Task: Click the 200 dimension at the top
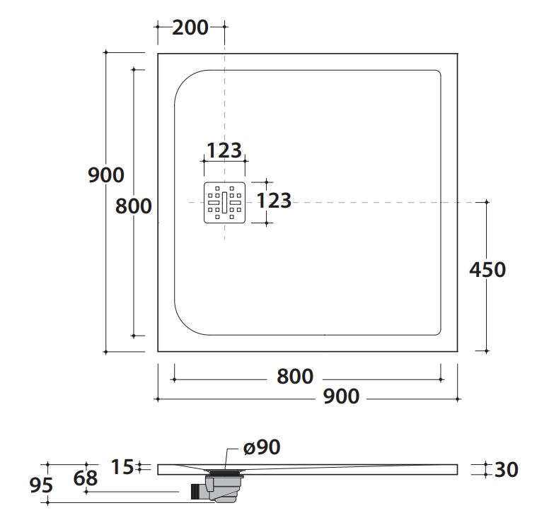190,28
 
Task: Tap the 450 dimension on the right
487,269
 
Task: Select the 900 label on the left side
106,175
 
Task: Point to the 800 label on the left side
133,206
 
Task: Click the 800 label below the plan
295,376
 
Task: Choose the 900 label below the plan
341,396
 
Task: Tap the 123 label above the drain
224,150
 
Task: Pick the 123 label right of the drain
274,201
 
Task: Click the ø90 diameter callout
262,447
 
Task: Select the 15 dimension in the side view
122,467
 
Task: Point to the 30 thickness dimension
507,469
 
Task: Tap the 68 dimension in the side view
86,478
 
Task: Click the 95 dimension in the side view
41,485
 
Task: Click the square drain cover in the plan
225,202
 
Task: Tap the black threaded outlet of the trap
195,491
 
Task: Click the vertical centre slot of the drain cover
225,202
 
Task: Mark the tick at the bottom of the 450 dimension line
486,351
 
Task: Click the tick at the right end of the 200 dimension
225,26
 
